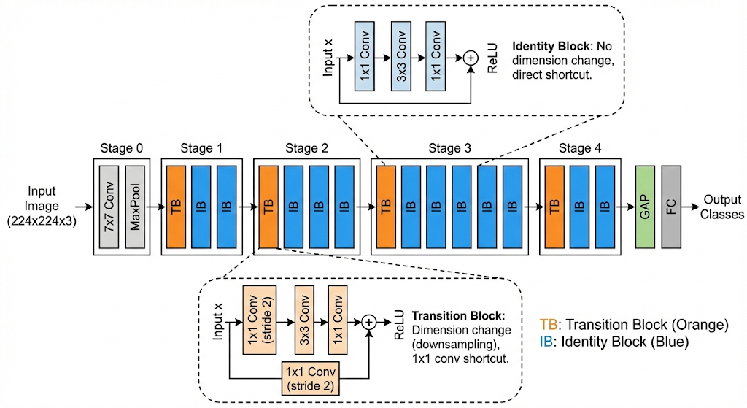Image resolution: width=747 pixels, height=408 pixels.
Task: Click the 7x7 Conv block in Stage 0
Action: (109, 207)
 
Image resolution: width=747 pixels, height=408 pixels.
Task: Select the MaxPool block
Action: (135, 207)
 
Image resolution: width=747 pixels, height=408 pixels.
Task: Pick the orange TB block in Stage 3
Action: (386, 207)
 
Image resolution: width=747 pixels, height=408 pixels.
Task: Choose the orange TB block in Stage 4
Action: (555, 207)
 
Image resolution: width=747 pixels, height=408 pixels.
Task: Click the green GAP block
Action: (646, 207)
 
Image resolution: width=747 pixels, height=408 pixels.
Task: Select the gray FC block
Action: (671, 207)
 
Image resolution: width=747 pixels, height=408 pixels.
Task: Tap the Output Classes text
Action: (723, 207)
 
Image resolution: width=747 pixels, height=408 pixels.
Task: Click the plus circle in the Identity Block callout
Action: (471, 57)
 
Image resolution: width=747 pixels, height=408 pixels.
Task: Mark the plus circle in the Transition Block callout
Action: (369, 321)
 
